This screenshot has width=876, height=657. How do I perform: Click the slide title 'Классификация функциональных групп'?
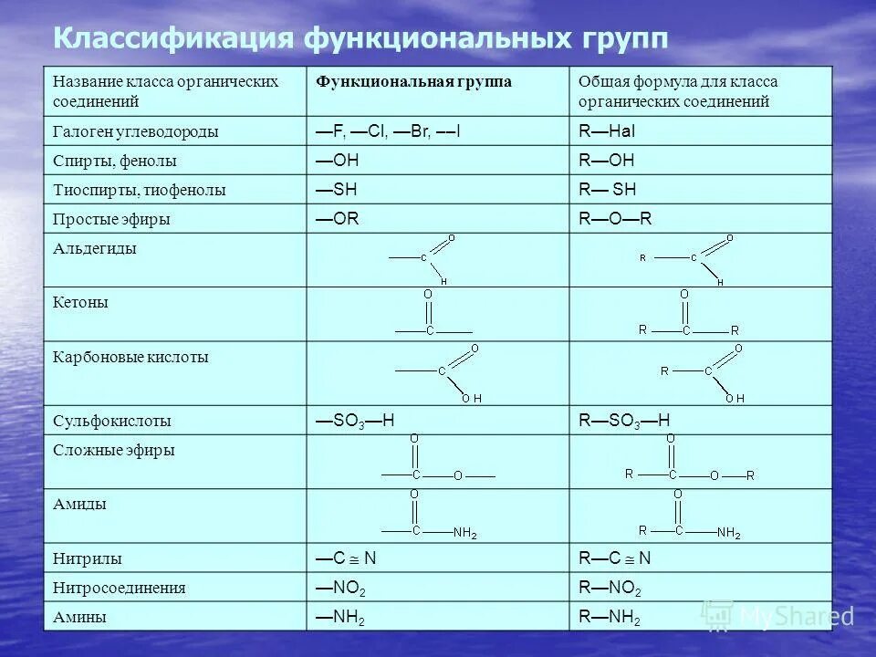360,39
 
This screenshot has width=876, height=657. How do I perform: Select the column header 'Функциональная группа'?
413,82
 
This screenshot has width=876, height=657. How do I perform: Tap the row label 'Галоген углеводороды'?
135,131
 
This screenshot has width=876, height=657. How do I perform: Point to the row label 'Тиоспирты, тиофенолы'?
139,190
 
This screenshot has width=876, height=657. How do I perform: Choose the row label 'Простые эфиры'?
111,219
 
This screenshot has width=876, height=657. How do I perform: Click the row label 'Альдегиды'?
95,248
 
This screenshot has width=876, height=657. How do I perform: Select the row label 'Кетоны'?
80,302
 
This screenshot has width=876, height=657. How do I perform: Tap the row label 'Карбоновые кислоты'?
130,357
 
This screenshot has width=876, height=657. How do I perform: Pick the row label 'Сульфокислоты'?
111,422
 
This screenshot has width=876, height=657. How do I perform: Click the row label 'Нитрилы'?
88,558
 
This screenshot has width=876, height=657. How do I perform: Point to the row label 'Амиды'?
79,504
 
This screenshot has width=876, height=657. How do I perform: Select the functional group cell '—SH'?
337,190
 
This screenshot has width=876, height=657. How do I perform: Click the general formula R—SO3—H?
624,421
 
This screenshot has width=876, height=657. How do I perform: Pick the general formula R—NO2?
610,588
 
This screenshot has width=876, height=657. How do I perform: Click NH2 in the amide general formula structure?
728,533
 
